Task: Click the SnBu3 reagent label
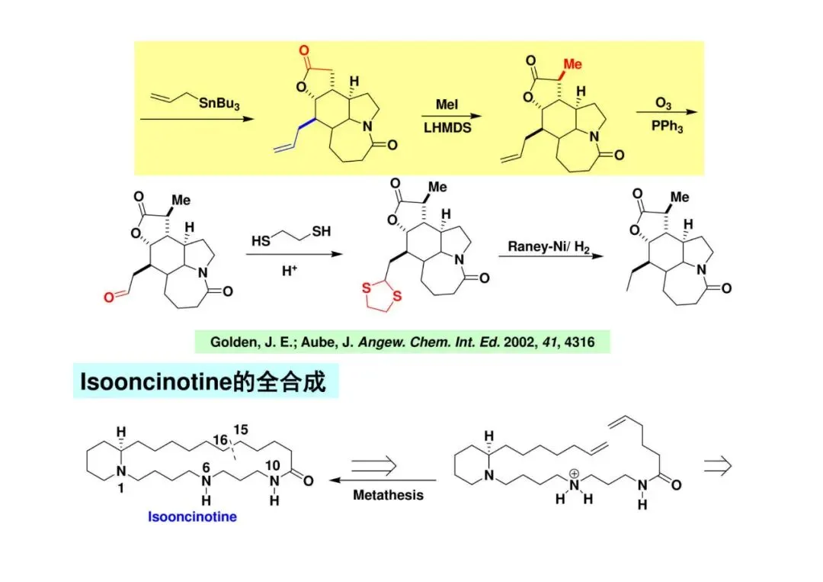tap(219, 105)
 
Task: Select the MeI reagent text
tap(447, 105)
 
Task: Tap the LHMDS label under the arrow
tap(447, 128)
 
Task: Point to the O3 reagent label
tap(663, 102)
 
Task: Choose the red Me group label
tap(572, 64)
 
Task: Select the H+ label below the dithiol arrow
tap(290, 271)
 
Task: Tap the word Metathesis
tap(388, 495)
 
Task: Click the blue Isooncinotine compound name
tap(192, 517)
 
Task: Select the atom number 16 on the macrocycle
tap(220, 440)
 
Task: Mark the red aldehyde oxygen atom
tap(110, 297)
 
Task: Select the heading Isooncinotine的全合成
tap(203, 381)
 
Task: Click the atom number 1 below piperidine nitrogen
tap(120, 489)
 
